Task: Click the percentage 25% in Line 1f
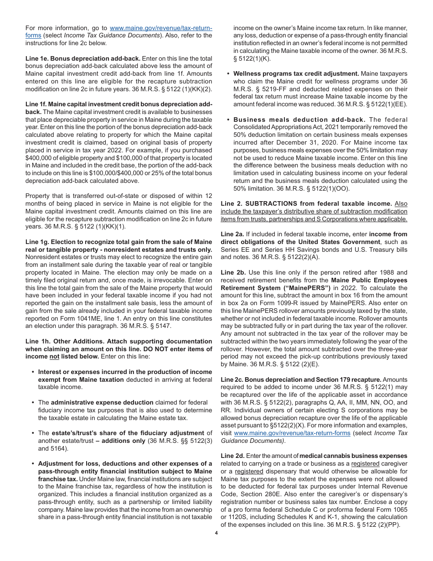[160, 173]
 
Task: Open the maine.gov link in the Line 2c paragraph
[292, 433]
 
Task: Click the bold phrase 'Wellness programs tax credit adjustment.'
[296, 73]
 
